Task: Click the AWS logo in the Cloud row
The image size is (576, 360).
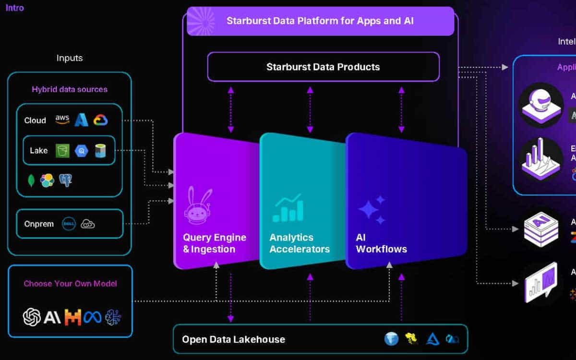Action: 62,120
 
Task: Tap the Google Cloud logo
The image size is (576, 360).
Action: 101,120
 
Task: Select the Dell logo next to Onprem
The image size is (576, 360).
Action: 69,224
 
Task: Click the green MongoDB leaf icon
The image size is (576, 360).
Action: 31,180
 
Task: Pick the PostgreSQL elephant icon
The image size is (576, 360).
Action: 65,180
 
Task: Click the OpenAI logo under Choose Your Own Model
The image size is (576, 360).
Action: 32,317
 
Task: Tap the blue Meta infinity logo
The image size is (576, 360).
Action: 93,317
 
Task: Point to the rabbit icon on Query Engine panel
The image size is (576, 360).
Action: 198,206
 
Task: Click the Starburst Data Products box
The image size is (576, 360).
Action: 323,67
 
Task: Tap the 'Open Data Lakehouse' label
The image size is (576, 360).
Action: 233,339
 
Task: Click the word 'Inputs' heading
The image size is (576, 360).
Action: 70,58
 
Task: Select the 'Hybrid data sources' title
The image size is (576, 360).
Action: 70,89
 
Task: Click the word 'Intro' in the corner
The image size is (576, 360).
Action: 14,8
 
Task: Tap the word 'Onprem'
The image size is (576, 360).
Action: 39,224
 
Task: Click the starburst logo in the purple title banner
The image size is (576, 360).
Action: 201,21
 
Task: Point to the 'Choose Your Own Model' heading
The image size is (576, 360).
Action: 71,283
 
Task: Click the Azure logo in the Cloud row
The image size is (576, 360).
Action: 81,120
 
